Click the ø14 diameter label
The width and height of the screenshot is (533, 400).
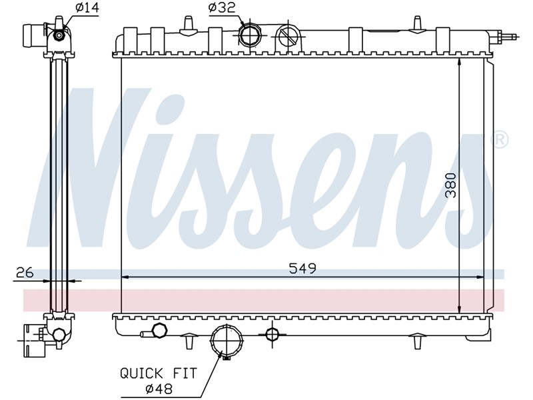click(87, 7)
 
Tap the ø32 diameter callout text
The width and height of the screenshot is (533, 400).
click(223, 7)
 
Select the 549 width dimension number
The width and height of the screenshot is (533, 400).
click(302, 269)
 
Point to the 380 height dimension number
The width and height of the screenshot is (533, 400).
click(451, 185)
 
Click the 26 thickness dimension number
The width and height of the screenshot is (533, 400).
click(25, 273)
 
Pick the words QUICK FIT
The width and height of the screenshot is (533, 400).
click(159, 374)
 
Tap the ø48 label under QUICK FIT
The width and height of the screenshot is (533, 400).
click(159, 389)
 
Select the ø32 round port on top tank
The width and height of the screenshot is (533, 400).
click(251, 35)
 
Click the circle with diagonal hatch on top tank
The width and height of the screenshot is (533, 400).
click(288, 36)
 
